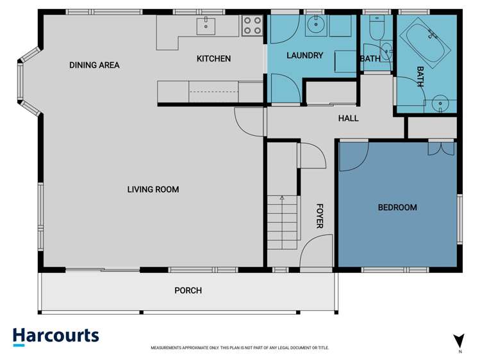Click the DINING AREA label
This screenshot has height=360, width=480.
click(94, 65)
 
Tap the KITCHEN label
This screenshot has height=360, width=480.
click(213, 59)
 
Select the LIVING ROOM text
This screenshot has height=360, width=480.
click(153, 189)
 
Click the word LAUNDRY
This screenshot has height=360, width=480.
click(304, 56)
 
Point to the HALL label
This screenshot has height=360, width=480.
click(348, 119)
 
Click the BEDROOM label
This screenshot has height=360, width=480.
click(397, 207)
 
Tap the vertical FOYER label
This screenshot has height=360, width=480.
click(319, 217)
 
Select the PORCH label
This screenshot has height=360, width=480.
click(188, 290)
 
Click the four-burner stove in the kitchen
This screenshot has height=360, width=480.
click(252, 26)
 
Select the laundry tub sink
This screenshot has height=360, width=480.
click(315, 26)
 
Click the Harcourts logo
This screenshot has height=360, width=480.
click(56, 336)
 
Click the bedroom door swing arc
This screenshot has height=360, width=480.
click(353, 158)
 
